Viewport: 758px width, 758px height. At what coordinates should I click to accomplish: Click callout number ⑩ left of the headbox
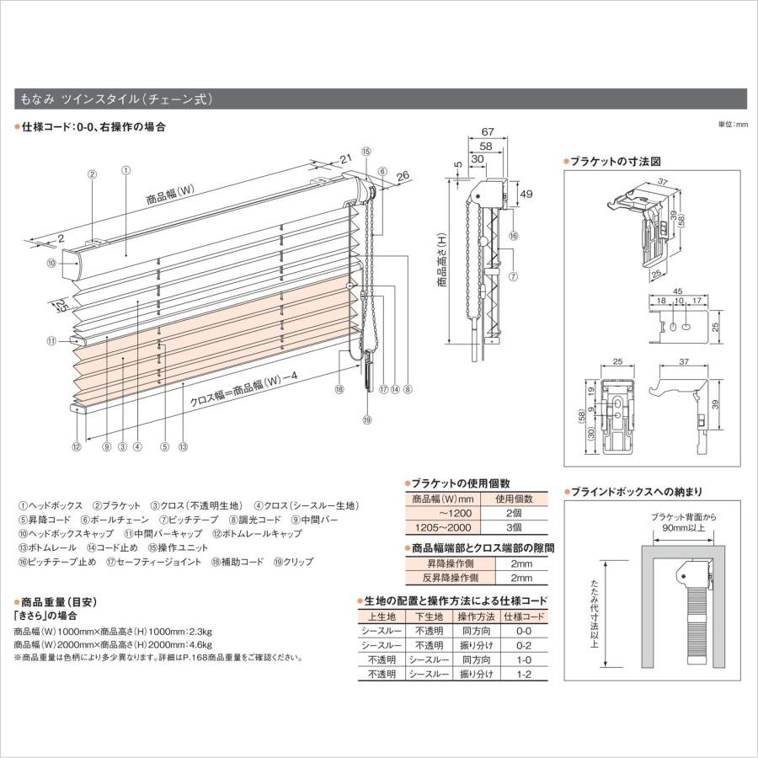tap(51, 264)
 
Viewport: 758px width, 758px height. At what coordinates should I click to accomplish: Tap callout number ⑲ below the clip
tap(367, 419)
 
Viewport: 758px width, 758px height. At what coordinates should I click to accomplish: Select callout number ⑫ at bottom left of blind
tap(77, 447)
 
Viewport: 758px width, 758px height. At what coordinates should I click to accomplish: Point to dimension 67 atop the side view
tap(488, 131)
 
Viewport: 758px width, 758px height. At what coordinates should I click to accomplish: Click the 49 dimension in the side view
tap(526, 194)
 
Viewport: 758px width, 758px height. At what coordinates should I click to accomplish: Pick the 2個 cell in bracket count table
tap(523, 513)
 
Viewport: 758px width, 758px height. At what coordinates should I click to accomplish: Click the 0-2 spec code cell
tap(523, 644)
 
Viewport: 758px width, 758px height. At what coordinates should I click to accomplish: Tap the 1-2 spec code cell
tap(523, 675)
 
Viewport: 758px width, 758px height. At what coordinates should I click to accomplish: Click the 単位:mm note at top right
tap(732, 124)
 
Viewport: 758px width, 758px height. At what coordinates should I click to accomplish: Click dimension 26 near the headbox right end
tap(401, 175)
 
